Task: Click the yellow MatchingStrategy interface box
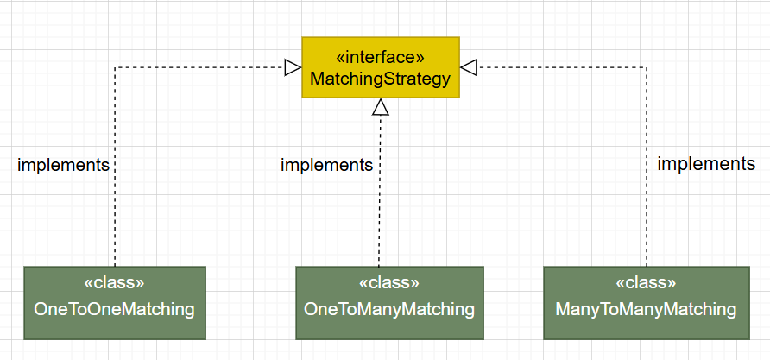(x=381, y=67)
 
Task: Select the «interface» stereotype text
(x=381, y=57)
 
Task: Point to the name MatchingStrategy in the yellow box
(x=381, y=79)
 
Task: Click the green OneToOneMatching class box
(x=115, y=302)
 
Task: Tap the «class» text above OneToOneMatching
(x=115, y=282)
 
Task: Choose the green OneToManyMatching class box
(x=389, y=302)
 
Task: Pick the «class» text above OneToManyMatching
(x=389, y=282)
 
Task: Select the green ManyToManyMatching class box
(x=647, y=302)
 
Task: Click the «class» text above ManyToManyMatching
(x=647, y=282)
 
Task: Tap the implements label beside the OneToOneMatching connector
(x=63, y=165)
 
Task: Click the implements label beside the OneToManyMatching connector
(x=326, y=165)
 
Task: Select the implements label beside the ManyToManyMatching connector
(x=706, y=163)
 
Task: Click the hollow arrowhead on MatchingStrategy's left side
(x=293, y=67)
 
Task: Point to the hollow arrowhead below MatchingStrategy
(x=381, y=107)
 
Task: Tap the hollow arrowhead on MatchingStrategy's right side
(x=469, y=67)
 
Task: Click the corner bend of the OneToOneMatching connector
(x=115, y=67)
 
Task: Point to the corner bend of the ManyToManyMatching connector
(x=647, y=67)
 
